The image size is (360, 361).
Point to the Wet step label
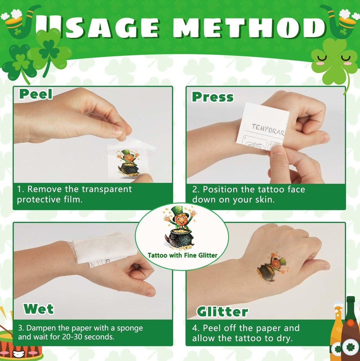point(39,309)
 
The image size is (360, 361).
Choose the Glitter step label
point(222,312)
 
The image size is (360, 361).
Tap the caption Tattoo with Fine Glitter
point(183,255)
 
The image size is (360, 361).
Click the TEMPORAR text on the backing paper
point(268,129)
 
